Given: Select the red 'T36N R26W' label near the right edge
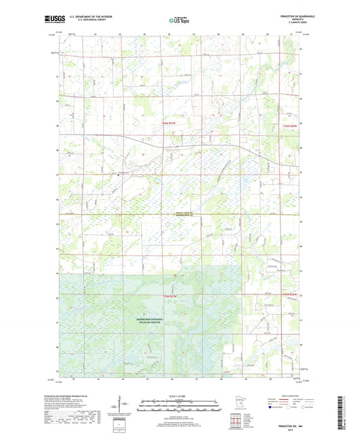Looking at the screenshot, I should (x=289, y=126).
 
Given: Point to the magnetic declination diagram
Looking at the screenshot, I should (x=126, y=405).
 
